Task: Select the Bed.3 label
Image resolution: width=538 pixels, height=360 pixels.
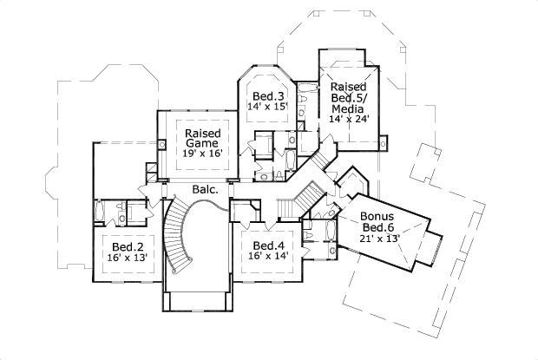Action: pos(268,95)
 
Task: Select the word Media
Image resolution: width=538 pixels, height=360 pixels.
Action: pos(347,108)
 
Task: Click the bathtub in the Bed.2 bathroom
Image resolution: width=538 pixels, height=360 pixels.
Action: pos(102,213)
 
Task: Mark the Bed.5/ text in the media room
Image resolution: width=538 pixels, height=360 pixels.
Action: pos(347,98)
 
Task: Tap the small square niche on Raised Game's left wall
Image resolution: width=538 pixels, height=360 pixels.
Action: pos(151,167)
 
